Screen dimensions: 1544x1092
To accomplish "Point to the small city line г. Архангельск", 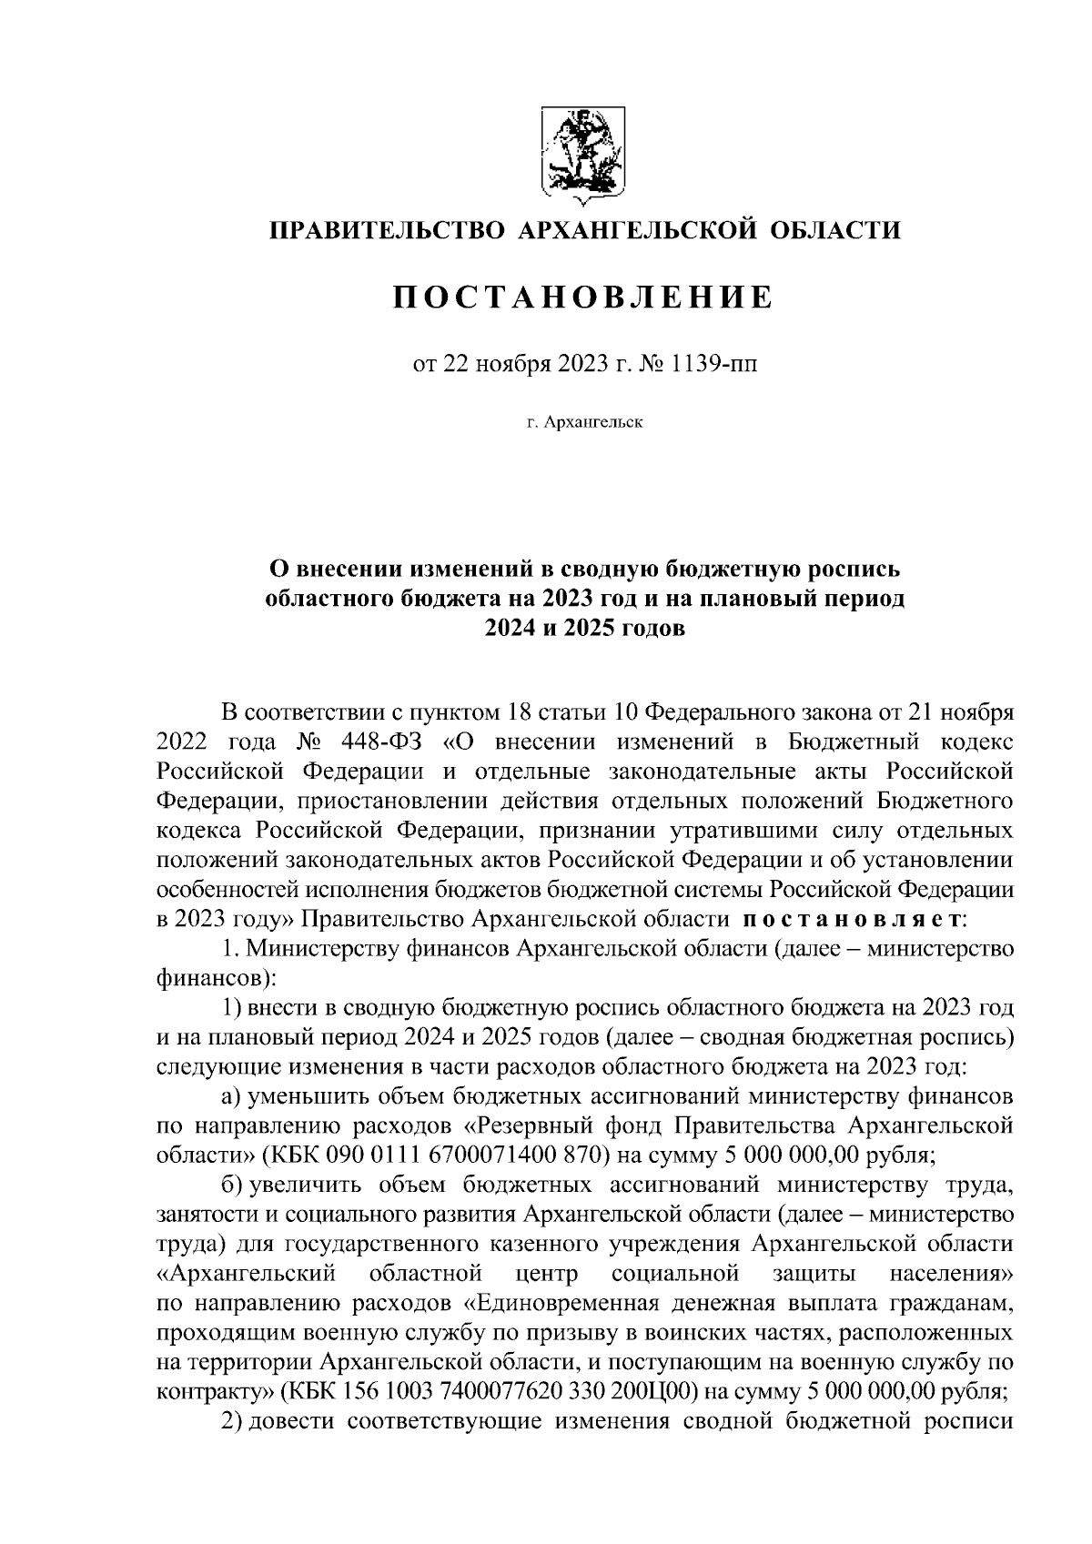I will coord(583,422).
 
